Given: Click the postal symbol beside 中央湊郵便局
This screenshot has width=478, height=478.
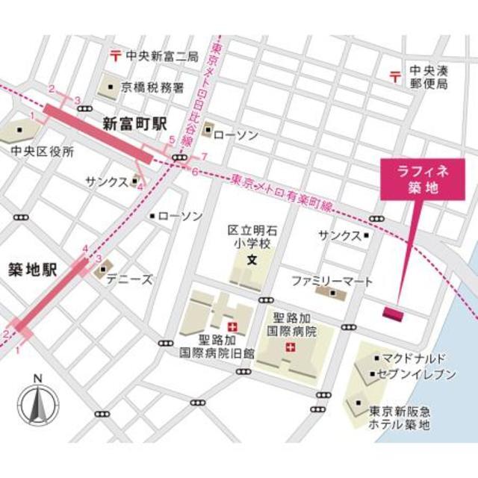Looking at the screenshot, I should [394, 75].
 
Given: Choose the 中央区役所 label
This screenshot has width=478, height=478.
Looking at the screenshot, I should [43, 152].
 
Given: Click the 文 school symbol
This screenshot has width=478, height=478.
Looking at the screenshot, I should [252, 261].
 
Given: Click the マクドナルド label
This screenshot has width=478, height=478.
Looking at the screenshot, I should [413, 357].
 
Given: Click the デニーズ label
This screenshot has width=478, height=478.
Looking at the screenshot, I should [128, 279].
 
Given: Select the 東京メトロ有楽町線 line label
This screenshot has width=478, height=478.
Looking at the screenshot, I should [282, 192].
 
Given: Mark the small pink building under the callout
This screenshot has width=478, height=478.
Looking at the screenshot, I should [393, 312].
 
